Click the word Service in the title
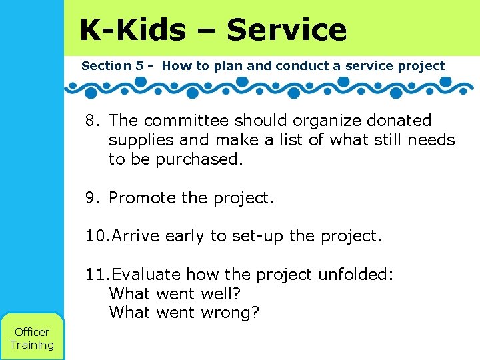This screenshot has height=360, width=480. [x=287, y=30]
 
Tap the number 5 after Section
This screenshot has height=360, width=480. [x=139, y=66]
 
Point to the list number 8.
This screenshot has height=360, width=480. [x=91, y=121]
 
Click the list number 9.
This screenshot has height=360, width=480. [x=91, y=198]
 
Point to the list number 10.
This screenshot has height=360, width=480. [x=95, y=237]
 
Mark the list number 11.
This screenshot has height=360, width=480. [x=95, y=275]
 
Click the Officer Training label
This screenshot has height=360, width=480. [x=31, y=338]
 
